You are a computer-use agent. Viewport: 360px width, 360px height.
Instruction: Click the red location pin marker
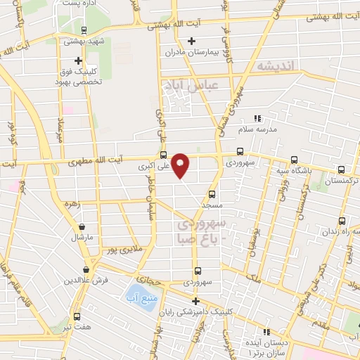[181, 165]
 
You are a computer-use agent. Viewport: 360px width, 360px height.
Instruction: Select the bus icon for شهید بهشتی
[84, 30]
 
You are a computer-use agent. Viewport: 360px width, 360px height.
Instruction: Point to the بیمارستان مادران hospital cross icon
[191, 40]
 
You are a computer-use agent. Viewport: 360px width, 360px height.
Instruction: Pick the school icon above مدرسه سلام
[257, 118]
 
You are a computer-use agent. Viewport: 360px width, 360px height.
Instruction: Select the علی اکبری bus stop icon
[163, 156]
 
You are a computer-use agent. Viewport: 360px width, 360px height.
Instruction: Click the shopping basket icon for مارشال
[83, 226]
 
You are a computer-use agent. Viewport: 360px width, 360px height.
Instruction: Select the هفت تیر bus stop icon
[77, 316]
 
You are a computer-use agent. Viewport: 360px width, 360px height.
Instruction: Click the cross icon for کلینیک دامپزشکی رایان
[195, 301]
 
